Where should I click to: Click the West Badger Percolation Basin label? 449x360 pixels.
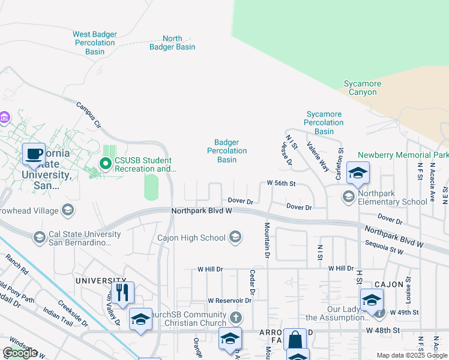point(94,43)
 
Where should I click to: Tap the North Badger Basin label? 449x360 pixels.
point(172,43)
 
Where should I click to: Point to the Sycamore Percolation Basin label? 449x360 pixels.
point(324,122)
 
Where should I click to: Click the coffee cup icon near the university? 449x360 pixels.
point(34,154)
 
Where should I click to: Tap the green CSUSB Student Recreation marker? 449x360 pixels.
point(106,163)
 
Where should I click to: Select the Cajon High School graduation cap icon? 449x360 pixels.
point(235,238)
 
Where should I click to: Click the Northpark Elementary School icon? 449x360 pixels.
point(348,196)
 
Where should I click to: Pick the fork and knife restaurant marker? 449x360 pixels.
point(122,292)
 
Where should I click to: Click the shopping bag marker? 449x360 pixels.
point(295,340)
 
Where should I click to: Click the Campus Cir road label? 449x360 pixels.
point(88,115)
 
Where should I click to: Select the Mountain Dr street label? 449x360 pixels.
point(265,240)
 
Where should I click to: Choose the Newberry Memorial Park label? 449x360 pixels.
point(403,155)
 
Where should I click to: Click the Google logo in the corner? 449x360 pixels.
point(20,353)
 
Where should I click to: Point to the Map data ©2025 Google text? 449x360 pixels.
point(412,355)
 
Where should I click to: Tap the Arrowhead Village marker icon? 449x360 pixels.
point(68,210)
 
